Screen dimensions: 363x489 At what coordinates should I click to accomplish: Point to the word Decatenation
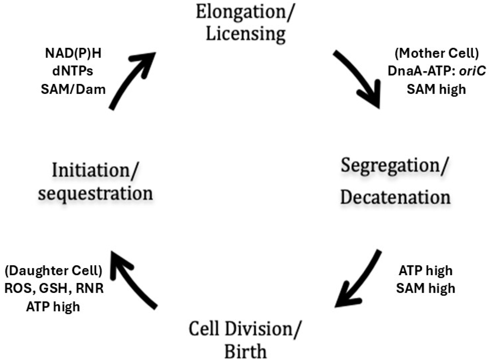coord(395,198)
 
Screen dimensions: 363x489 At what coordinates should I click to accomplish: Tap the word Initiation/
coord(95,171)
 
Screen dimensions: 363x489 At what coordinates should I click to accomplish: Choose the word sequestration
coord(95,193)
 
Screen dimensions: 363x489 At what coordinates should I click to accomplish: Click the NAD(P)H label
coord(73,53)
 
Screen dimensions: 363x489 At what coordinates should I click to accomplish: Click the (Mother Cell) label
coord(436,53)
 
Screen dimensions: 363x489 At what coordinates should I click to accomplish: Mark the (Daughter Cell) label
coord(53,271)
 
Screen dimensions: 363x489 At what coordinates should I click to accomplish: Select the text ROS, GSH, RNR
coord(54,289)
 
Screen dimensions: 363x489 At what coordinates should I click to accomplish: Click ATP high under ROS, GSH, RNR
coord(53,307)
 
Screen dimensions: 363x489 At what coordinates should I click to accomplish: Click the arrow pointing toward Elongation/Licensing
coord(129,80)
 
